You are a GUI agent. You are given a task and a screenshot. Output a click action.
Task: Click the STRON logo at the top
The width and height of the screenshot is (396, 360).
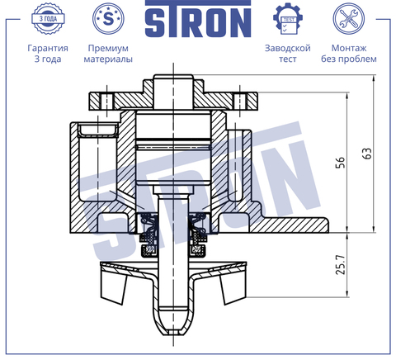click(198, 19)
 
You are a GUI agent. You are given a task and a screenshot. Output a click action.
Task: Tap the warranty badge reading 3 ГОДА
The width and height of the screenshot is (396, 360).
click(48, 19)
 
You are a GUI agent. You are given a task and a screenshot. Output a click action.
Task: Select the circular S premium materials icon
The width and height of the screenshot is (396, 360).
click(108, 19)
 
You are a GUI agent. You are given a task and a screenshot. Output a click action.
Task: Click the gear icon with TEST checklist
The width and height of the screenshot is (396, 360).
click(288, 19)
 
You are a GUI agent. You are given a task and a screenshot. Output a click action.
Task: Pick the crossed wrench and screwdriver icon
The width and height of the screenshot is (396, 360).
click(349, 19)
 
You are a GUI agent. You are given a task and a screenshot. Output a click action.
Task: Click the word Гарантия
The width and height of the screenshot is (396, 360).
click(48, 48)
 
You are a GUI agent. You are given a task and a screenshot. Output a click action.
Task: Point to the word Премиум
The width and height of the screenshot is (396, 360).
click(108, 48)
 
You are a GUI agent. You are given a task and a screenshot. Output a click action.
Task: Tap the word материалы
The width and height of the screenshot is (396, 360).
click(108, 59)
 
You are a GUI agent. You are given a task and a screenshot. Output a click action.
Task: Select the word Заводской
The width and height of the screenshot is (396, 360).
click(288, 48)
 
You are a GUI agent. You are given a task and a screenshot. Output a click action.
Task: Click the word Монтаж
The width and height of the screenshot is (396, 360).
click(349, 48)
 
